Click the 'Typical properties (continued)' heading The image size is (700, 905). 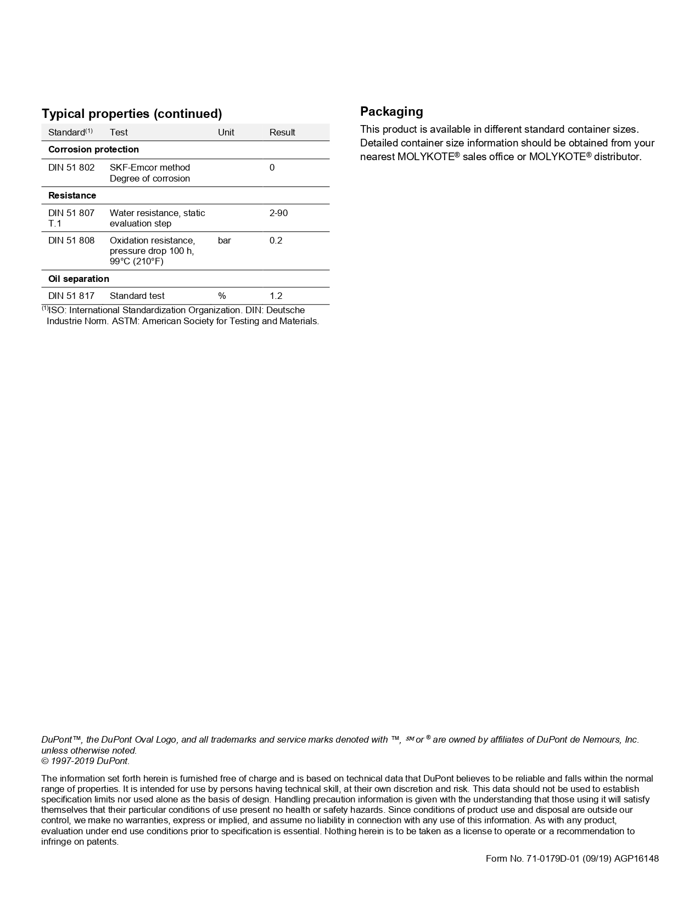point(132,114)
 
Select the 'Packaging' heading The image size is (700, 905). point(391,111)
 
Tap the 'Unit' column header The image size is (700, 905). point(226,132)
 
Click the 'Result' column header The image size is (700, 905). point(282,132)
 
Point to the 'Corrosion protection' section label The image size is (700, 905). point(93,149)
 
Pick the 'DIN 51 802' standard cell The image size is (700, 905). point(71,167)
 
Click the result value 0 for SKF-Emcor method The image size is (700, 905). point(272,167)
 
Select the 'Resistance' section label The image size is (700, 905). point(72,195)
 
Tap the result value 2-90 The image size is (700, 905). point(278,213)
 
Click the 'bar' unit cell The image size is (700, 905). point(224,240)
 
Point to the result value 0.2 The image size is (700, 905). point(276,240)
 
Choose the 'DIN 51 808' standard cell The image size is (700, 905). point(71,240)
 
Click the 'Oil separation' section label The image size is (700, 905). point(79,279)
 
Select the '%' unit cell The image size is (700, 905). point(222,296)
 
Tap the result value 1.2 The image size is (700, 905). point(276,296)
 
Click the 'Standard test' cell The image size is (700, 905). point(137,296)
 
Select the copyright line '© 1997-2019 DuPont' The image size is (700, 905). point(85,761)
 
